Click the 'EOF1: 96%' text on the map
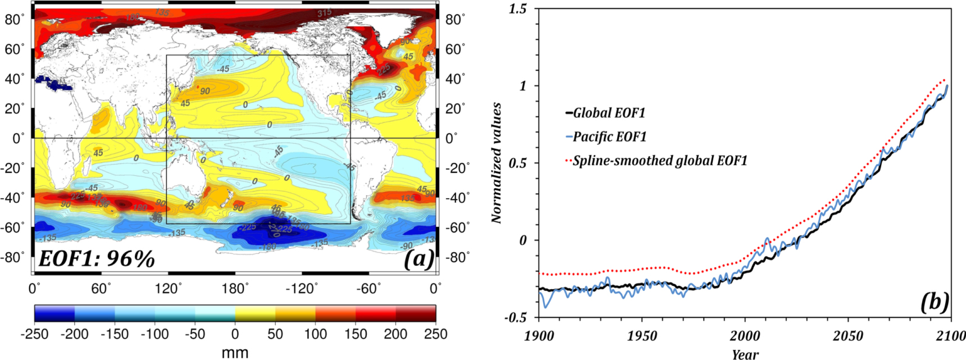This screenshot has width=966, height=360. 97,258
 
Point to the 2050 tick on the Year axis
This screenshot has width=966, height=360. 847,336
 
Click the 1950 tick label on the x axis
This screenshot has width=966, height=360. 642,336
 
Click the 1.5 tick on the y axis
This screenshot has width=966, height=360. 518,9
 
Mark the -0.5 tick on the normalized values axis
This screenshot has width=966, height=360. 516,317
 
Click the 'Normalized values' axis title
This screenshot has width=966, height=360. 496,163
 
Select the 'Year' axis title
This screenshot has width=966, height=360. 745,354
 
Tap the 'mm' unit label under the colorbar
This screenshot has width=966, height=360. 235,353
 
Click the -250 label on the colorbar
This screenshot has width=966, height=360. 34,334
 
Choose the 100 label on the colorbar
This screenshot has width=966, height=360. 315,334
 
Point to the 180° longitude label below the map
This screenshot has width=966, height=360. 235,289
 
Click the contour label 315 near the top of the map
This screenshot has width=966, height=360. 324,12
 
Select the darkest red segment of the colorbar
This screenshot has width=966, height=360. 416,313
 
